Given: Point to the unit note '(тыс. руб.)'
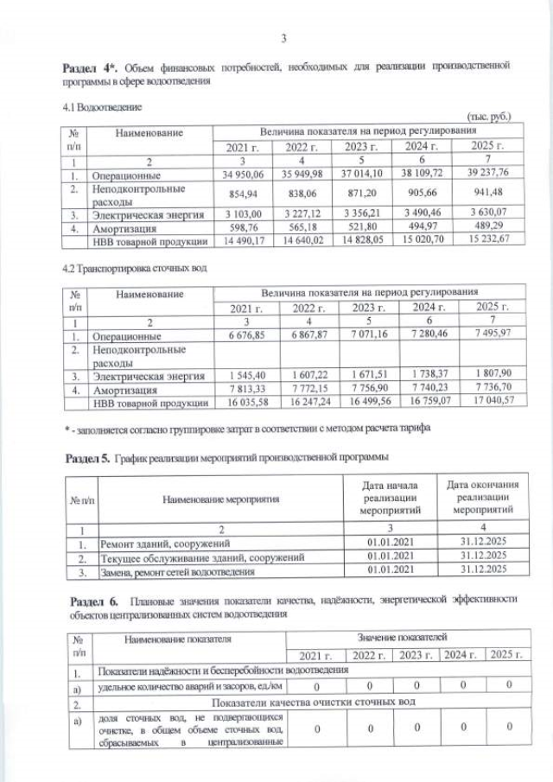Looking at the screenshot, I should [x=488, y=116].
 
